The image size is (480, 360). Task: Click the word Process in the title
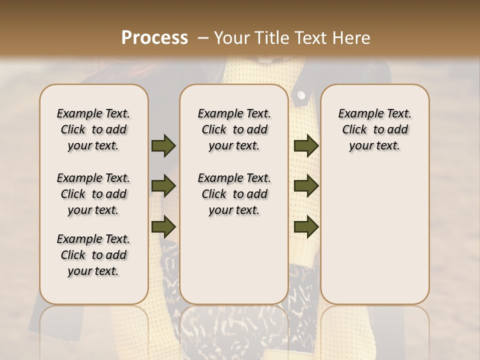tap(154, 38)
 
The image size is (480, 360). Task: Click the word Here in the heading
tap(350, 38)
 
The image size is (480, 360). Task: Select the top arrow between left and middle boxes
tap(163, 146)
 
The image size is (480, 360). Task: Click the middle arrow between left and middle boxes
tap(163, 186)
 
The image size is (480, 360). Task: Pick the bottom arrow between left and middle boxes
tap(163, 226)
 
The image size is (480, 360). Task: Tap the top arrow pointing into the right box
tap(306, 146)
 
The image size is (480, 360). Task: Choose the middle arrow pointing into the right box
tap(306, 186)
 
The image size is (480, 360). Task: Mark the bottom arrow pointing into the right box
tap(306, 226)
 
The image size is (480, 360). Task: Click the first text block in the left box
tap(93, 129)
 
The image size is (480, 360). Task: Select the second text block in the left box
tap(93, 194)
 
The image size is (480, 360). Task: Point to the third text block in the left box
tap(93, 255)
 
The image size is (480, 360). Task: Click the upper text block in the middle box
tap(234, 129)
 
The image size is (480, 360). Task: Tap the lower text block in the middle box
tap(234, 194)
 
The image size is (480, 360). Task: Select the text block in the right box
tap(374, 129)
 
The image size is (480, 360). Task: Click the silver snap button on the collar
tap(301, 94)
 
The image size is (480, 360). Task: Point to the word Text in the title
tap(309, 38)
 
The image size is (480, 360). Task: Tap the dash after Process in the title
tap(203, 38)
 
